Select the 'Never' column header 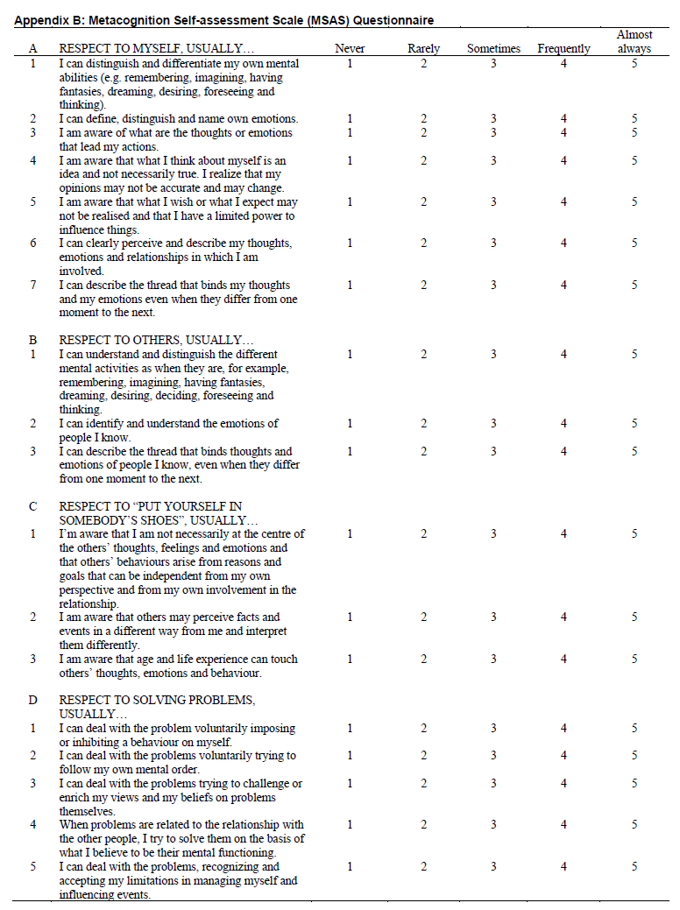[x=350, y=49]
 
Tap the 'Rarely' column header [x=423, y=49]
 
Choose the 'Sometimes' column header [x=493, y=49]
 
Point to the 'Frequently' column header [x=563, y=49]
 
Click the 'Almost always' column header [x=634, y=42]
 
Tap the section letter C [x=32, y=506]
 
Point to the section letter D [x=32, y=701]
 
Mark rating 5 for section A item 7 [x=634, y=286]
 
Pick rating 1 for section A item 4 [x=350, y=161]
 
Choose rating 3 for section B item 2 [x=493, y=424]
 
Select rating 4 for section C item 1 [x=563, y=534]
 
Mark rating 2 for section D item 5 [x=423, y=867]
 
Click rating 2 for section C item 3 [x=423, y=660]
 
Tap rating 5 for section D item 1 [x=634, y=729]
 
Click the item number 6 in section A [x=33, y=243]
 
